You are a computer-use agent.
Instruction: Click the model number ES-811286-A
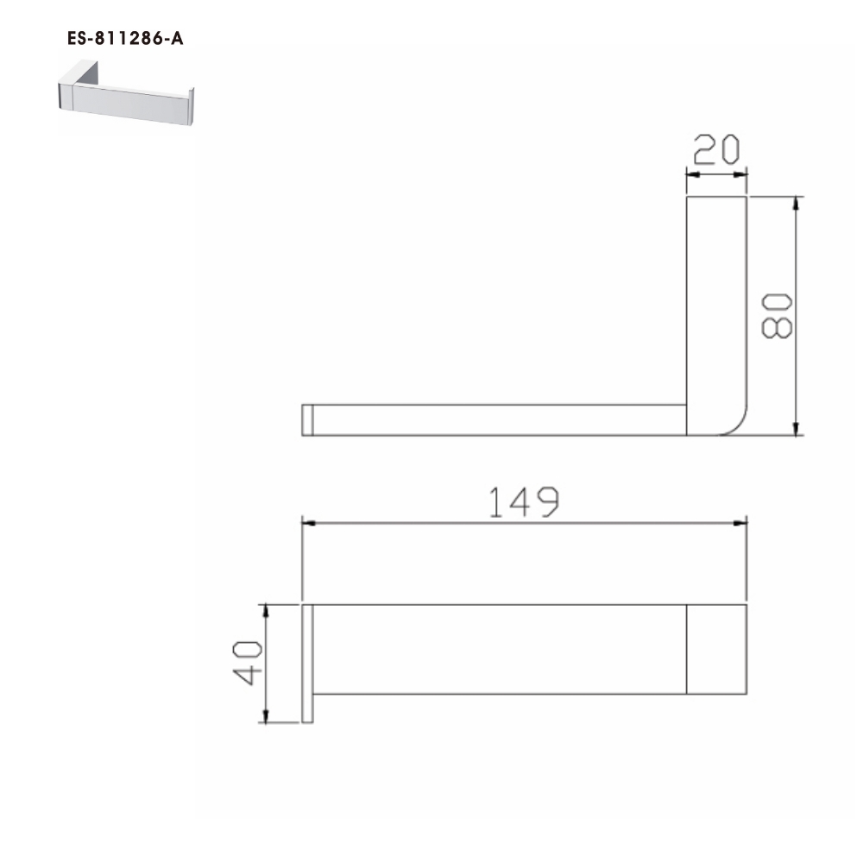coord(124,39)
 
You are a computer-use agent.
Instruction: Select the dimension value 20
coord(716,151)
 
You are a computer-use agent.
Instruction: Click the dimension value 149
coord(523,502)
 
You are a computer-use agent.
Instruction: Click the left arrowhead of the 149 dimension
coord(307,523)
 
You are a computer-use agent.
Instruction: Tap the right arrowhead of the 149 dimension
coord(740,523)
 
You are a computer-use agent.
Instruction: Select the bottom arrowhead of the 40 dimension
coord(267,715)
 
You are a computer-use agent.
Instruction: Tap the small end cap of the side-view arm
coord(306,419)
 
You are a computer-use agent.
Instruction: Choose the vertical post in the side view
coord(715,302)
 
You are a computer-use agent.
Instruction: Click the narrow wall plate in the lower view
coord(306,663)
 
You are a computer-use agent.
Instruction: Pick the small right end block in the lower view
coord(716,649)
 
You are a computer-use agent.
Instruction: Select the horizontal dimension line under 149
coord(523,523)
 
